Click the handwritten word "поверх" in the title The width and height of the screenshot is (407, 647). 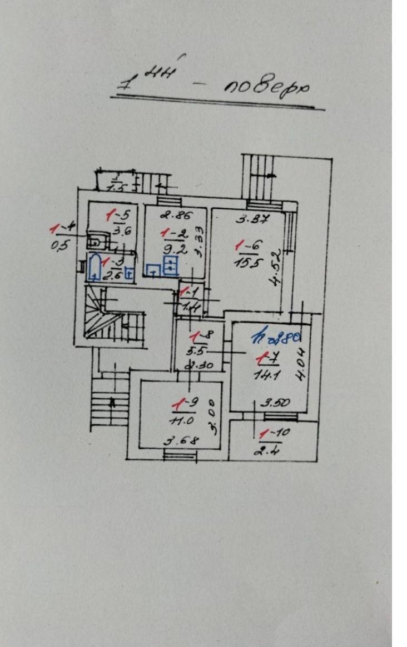point(266,88)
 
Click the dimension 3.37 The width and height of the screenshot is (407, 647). point(249,218)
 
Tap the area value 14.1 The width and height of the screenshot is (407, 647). point(267,374)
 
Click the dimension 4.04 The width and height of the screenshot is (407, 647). point(300,363)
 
